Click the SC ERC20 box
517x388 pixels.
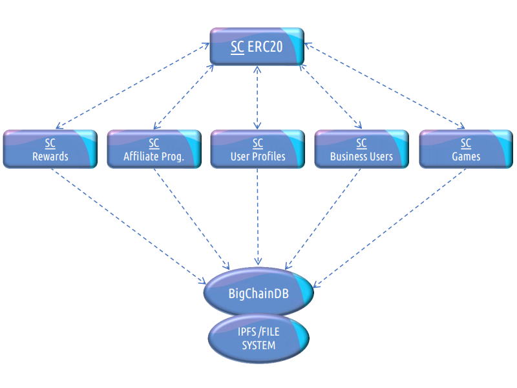click(x=257, y=47)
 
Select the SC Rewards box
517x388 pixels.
click(x=50, y=149)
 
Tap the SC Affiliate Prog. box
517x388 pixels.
click(x=154, y=149)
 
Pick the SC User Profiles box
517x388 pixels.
click(x=258, y=149)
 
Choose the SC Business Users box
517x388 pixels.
click(x=362, y=149)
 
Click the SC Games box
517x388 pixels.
click(x=466, y=149)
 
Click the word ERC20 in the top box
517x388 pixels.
click(x=265, y=47)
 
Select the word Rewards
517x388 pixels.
click(x=50, y=156)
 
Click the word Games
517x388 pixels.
click(x=466, y=156)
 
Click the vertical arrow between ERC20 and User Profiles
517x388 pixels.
click(x=258, y=97)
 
